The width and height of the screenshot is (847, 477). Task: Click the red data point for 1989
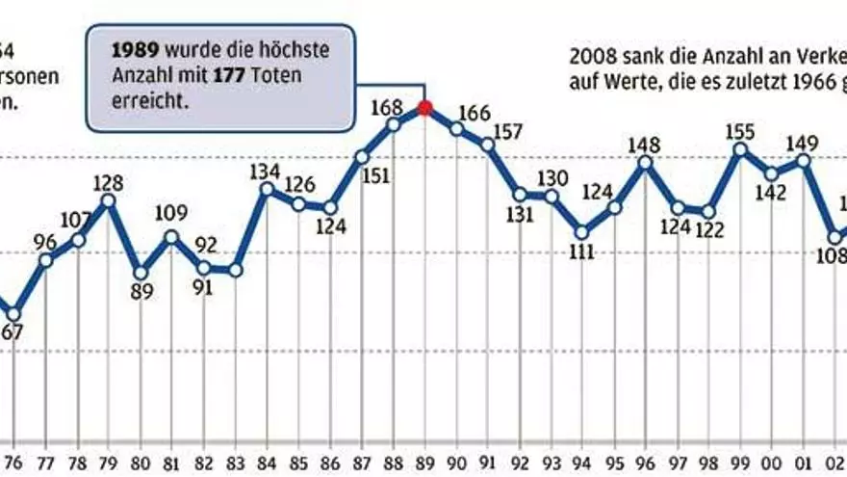click(x=424, y=107)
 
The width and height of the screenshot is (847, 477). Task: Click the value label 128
click(x=109, y=180)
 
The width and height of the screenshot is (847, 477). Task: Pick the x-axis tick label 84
click(x=267, y=461)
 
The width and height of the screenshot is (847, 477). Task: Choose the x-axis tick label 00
click(x=771, y=461)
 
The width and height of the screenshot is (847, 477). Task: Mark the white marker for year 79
click(x=109, y=200)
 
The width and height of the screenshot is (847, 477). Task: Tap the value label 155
click(x=739, y=130)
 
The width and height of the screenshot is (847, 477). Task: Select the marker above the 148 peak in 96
click(x=645, y=162)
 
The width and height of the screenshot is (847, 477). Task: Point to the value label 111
click(x=580, y=252)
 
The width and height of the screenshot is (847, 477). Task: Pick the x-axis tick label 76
click(x=13, y=461)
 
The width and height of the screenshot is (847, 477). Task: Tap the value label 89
click(x=141, y=292)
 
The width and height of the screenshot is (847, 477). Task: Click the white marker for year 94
click(x=581, y=232)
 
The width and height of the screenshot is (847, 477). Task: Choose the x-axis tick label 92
click(x=519, y=461)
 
